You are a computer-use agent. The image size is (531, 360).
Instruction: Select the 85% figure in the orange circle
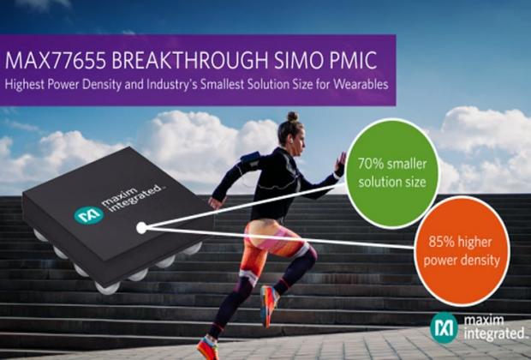[439, 238]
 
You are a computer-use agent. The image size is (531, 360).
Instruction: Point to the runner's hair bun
[291, 117]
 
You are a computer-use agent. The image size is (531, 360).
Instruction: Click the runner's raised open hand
[341, 161]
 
